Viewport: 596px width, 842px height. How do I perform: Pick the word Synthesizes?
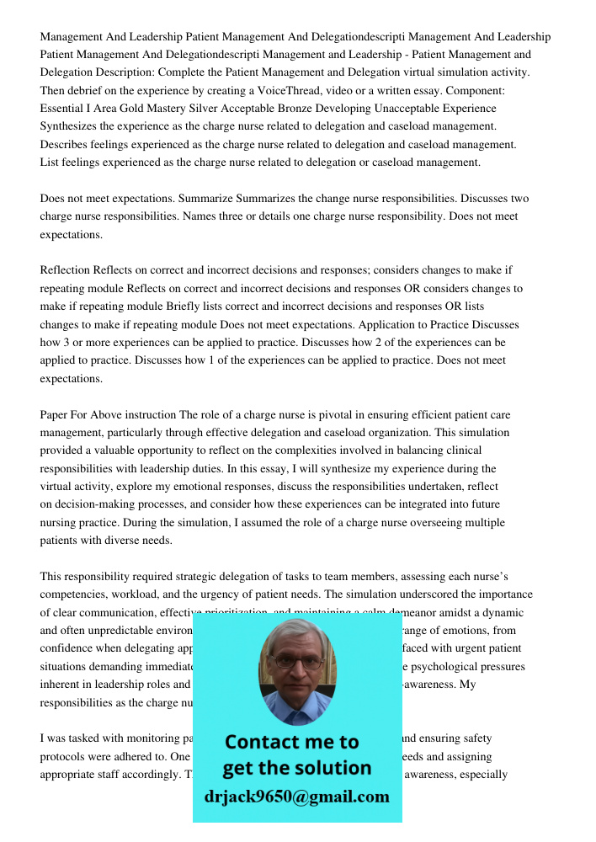coord(71,126)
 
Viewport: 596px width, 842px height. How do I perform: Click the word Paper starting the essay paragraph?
coord(56,415)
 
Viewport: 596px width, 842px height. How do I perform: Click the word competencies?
coord(77,594)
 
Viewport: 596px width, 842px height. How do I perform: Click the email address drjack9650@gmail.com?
coord(296,797)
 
